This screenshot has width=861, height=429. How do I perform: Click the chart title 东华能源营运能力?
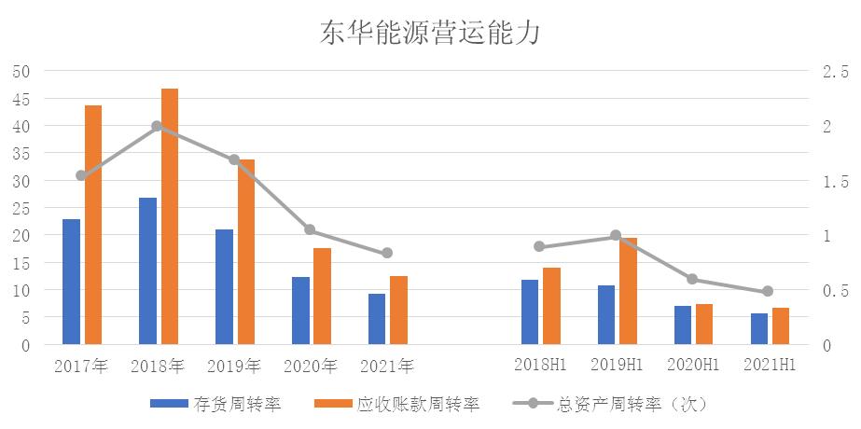pyautogui.click(x=430, y=32)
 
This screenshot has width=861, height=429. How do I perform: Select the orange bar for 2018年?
pyautogui.click(x=170, y=216)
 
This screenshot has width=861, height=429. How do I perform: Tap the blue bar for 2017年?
pyautogui.click(x=71, y=282)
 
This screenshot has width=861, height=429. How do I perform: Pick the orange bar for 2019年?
pyautogui.click(x=246, y=252)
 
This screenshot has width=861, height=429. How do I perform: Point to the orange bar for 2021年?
pyautogui.click(x=399, y=311)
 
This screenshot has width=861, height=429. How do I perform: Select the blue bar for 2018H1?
pyautogui.click(x=530, y=312)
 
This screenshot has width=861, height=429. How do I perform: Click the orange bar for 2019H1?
pyautogui.click(x=629, y=292)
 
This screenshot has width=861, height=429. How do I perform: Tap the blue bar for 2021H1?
pyautogui.click(x=759, y=329)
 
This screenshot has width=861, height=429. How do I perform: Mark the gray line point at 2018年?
pyautogui.click(x=158, y=126)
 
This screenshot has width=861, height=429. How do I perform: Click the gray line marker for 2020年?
pyautogui.click(x=311, y=230)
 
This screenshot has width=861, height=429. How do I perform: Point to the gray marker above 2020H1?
pyautogui.click(x=692, y=279)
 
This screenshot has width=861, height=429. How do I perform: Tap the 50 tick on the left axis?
pyautogui.click(x=21, y=72)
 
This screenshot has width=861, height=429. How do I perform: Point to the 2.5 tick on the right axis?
pyautogui.click(x=834, y=72)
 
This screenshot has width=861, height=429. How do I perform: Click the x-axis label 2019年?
pyautogui.click(x=235, y=365)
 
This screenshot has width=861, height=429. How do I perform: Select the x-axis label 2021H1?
pyautogui.click(x=770, y=365)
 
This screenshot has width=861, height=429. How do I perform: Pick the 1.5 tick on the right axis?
pyautogui.click(x=834, y=181)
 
